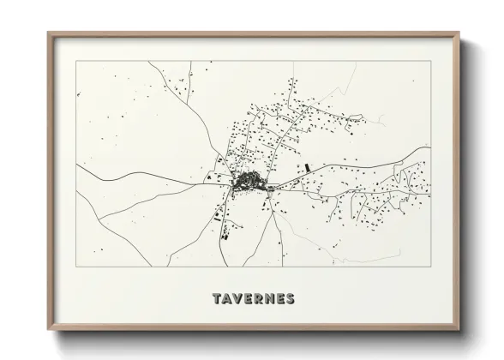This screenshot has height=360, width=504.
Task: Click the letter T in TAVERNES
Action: (x=215, y=299)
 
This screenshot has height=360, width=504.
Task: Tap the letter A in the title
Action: (x=225, y=299)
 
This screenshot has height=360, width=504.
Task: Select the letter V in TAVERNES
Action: (x=237, y=299)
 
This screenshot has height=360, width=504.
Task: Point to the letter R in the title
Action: (x=257, y=299)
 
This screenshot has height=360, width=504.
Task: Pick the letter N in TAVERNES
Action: (x=268, y=299)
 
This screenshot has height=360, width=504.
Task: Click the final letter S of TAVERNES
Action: (x=290, y=299)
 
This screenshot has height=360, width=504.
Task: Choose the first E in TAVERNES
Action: (x=247, y=299)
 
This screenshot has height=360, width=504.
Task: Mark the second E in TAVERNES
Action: (x=279, y=299)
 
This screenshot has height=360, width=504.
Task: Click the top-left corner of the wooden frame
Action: (x=48, y=33)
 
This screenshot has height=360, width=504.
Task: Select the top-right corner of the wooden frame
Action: (x=459, y=33)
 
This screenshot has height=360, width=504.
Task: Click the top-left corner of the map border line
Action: (x=77, y=62)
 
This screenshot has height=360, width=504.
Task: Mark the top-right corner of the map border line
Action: (x=429, y=62)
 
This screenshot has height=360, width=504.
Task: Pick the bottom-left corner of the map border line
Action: (x=77, y=267)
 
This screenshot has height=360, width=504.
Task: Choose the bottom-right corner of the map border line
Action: (x=429, y=267)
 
